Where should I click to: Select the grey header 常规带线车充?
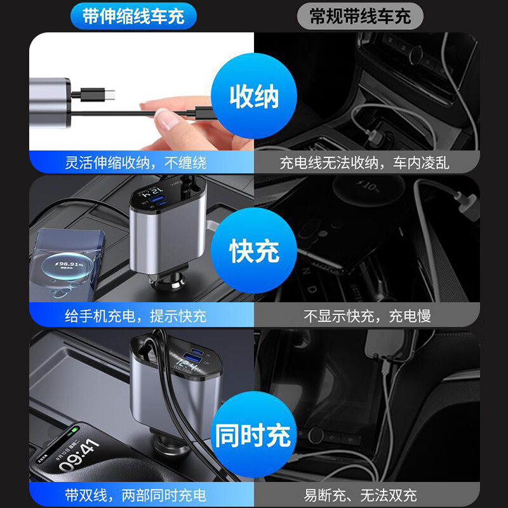(x=360, y=15)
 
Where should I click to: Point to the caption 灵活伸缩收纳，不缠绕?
(x=137, y=163)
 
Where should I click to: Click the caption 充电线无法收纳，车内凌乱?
(x=364, y=163)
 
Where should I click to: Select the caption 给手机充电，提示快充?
(x=137, y=316)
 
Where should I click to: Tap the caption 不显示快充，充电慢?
(x=367, y=316)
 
